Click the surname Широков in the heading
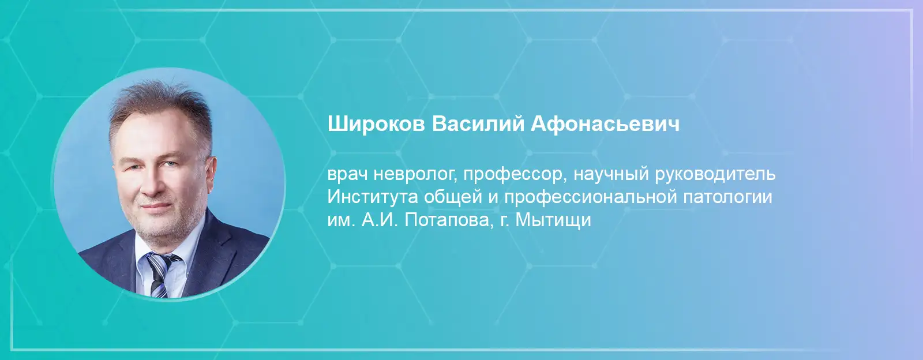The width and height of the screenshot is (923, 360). pyautogui.click(x=376, y=125)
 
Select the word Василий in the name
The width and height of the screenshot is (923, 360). pyautogui.click(x=477, y=123)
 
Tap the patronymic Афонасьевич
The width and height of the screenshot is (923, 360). pyautogui.click(x=605, y=125)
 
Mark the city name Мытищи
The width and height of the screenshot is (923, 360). pyautogui.click(x=553, y=220)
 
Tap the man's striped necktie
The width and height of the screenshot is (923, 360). pyautogui.click(x=162, y=273)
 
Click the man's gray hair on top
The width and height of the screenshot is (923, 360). pyautogui.click(x=161, y=103)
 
